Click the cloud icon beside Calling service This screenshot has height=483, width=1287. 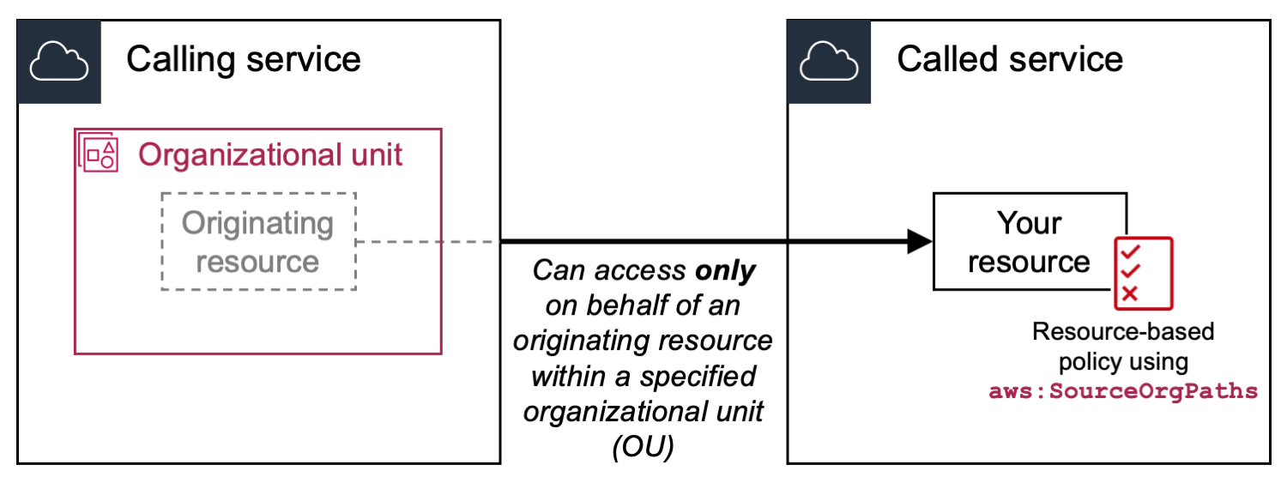[59, 62]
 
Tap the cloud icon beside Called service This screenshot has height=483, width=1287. [830, 62]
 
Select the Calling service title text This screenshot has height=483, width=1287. [244, 59]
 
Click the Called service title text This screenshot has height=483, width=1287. [1010, 59]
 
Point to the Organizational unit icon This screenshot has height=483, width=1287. [97, 154]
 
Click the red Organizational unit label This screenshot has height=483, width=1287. [270, 155]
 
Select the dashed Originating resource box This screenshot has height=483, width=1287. [258, 241]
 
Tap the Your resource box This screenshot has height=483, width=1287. [1029, 241]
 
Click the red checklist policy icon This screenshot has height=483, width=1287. [1142, 272]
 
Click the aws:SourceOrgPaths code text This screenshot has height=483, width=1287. [1123, 392]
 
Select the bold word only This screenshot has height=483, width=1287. [727, 271]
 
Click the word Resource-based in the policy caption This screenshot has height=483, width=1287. [1123, 331]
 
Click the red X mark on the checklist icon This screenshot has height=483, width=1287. [1130, 293]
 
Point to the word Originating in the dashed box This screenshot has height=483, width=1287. [257, 223]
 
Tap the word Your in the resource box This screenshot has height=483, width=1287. [1029, 223]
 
